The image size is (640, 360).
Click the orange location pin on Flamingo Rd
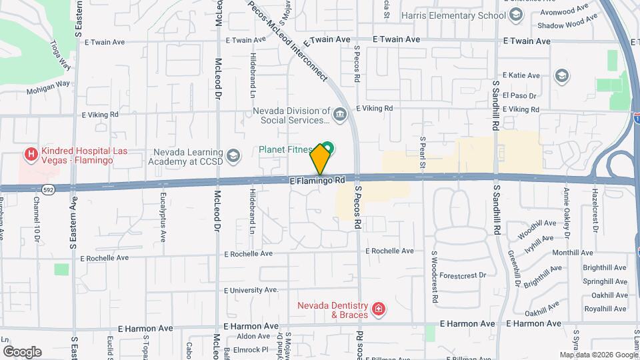320,159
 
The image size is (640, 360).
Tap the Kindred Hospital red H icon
30,155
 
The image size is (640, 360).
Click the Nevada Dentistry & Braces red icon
378,309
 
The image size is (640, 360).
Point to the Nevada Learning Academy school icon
233,156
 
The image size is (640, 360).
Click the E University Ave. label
251,290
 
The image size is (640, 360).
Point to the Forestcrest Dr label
464,275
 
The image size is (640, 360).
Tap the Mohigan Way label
49,85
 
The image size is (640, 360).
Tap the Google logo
22,351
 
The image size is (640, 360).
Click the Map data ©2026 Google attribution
598,355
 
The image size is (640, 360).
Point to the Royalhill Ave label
605,309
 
